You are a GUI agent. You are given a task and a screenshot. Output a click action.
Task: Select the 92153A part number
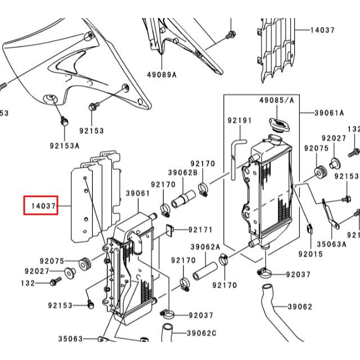tap(64, 145)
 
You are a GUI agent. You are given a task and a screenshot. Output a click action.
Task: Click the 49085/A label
tap(276, 100)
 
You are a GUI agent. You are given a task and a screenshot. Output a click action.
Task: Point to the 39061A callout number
tap(329, 112)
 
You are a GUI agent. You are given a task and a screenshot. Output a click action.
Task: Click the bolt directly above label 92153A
tap(64, 121)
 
